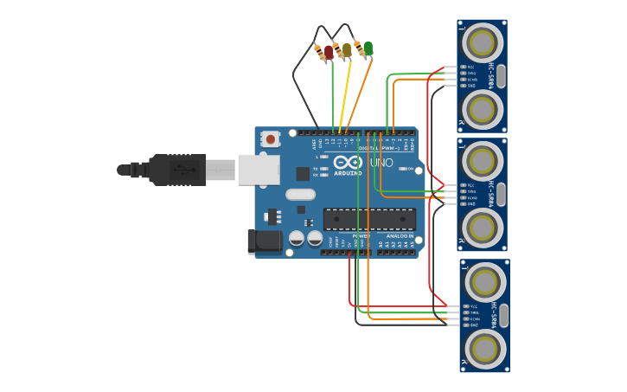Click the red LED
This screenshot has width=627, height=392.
(329, 52)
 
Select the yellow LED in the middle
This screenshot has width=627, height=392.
(347, 50)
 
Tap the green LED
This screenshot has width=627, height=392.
(368, 48)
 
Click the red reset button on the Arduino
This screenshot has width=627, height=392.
(271, 138)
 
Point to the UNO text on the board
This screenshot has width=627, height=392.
(381, 163)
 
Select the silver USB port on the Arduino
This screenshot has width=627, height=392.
(259, 170)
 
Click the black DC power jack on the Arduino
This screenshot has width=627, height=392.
(264, 241)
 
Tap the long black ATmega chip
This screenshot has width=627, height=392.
(369, 220)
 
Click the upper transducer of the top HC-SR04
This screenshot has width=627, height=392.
(482, 42)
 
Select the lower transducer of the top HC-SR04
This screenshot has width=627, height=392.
(482, 108)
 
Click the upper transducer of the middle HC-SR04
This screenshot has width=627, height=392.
(482, 160)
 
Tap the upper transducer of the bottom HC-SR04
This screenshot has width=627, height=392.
(484, 281)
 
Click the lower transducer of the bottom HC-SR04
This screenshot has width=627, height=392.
(484, 349)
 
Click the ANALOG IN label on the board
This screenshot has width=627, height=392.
(400, 235)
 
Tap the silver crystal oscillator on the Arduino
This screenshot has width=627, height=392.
(300, 195)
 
